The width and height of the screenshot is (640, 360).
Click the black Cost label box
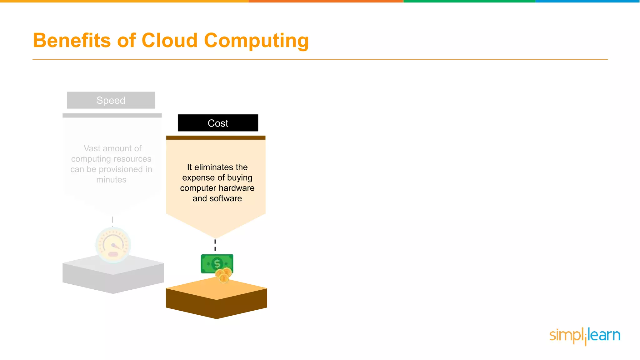(x=218, y=123)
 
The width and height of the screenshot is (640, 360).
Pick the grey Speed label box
(x=111, y=100)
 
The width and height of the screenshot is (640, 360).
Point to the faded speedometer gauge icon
(x=113, y=245)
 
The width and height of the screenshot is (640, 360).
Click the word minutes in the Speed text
(x=111, y=180)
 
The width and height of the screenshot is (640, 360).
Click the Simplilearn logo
(x=585, y=336)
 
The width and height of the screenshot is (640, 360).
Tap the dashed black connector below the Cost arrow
(x=215, y=245)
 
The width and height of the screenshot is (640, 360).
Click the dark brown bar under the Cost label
(x=216, y=137)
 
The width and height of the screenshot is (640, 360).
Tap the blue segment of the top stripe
(x=587, y=1)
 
